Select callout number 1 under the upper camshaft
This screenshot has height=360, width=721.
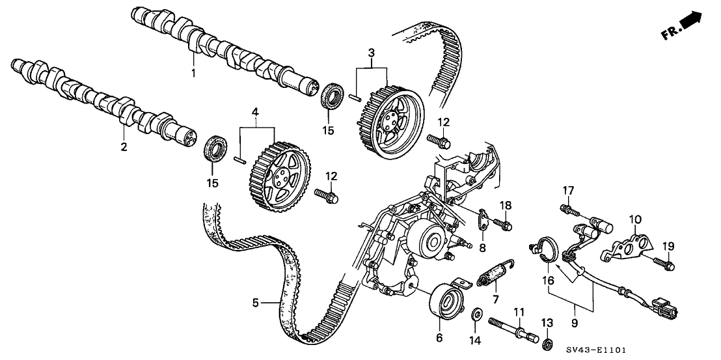193,74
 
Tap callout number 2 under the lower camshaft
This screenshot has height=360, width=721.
123,148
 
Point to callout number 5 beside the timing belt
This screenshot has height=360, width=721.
256,303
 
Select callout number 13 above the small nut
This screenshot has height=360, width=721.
547,324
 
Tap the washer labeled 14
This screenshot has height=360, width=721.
475,315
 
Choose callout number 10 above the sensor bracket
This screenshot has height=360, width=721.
635,219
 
